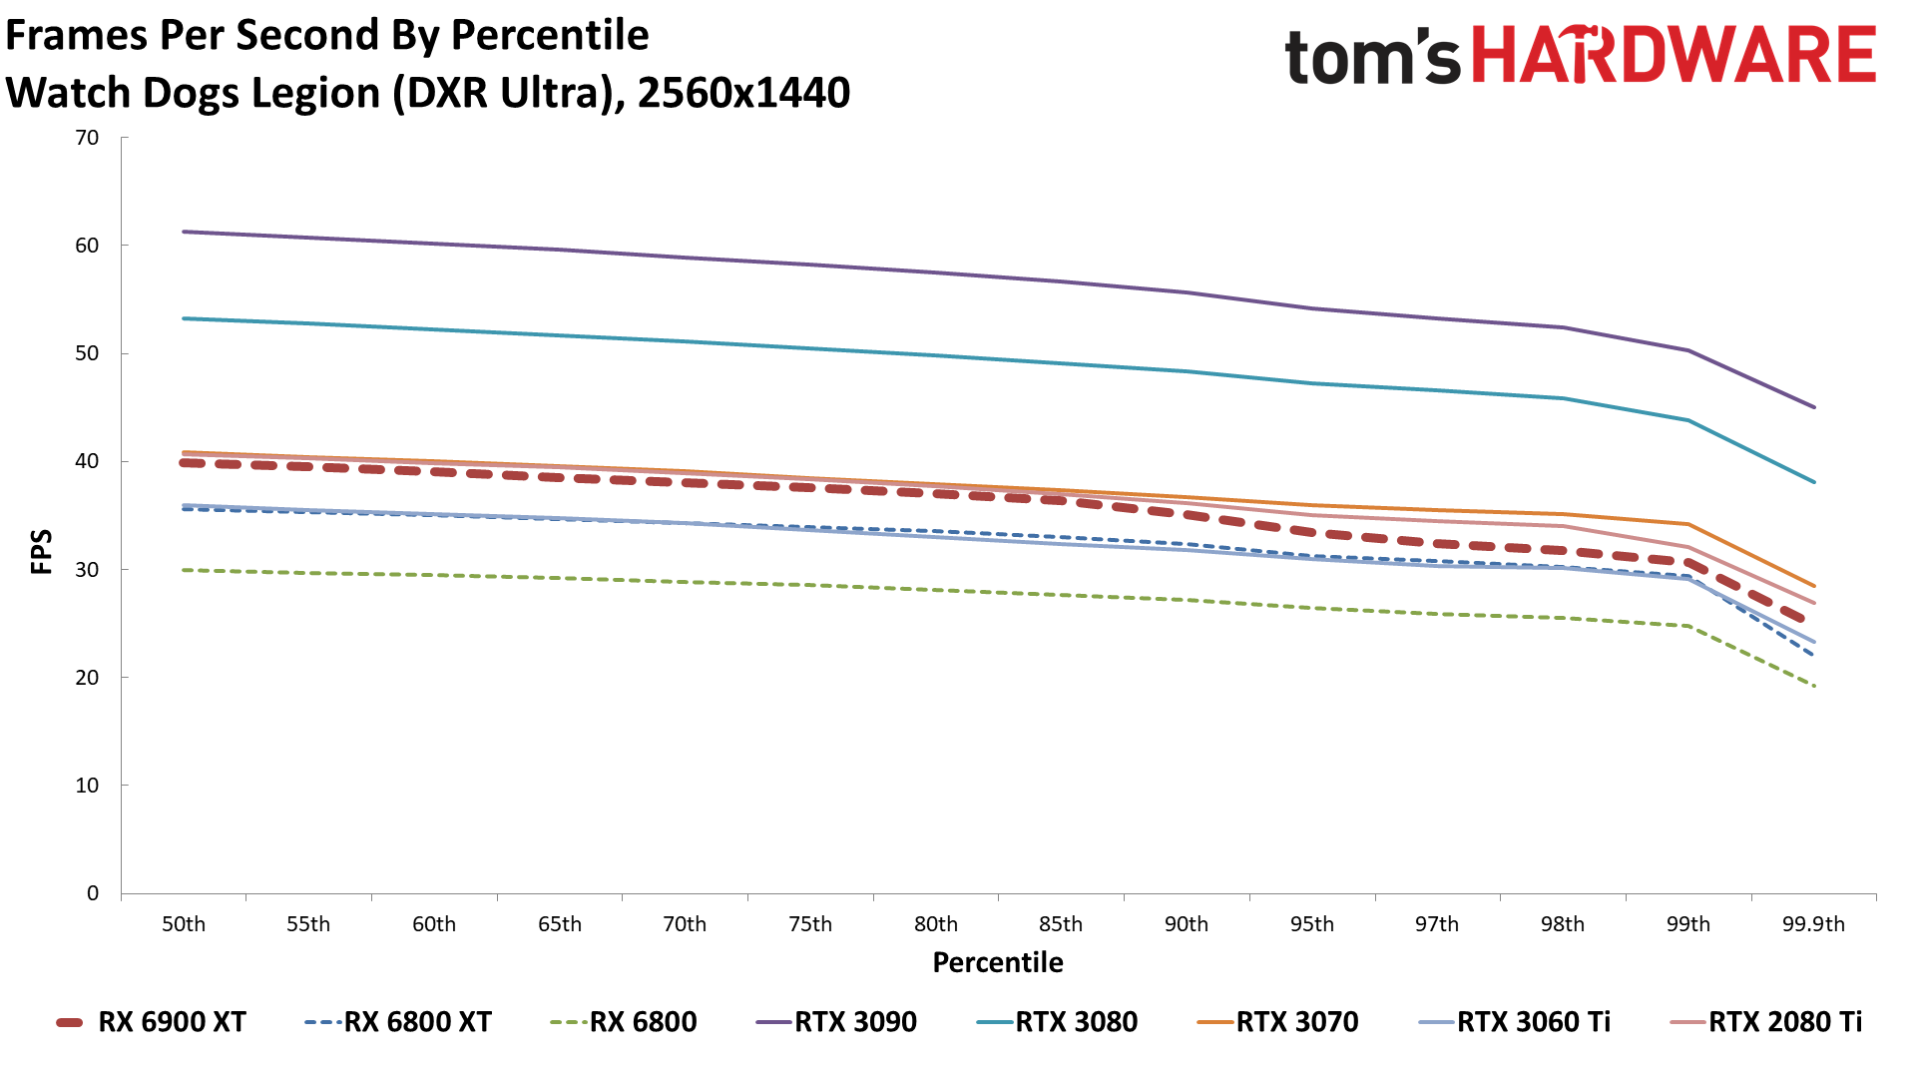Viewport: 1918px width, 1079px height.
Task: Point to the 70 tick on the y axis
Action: (88, 138)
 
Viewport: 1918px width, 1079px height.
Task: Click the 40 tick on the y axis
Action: (88, 461)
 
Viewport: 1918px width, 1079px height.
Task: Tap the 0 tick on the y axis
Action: (93, 893)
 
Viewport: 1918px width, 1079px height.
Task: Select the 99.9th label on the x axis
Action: (1813, 924)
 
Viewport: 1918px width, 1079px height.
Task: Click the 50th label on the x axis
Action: (184, 924)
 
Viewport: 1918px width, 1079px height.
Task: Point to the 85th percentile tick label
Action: (1061, 924)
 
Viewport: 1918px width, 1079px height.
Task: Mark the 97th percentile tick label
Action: (1437, 924)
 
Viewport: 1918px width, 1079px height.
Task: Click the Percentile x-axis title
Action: (998, 962)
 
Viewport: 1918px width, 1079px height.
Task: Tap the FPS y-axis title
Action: (42, 552)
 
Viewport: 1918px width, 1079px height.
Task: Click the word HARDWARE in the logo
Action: (1675, 55)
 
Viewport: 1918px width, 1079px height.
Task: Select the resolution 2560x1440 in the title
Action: (743, 93)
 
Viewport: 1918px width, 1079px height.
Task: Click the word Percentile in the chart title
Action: (550, 35)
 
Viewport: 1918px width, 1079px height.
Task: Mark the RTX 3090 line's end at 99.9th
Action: (1813, 407)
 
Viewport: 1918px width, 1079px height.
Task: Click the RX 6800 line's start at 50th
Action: (185, 570)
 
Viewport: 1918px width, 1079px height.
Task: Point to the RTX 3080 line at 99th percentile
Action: (1688, 420)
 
